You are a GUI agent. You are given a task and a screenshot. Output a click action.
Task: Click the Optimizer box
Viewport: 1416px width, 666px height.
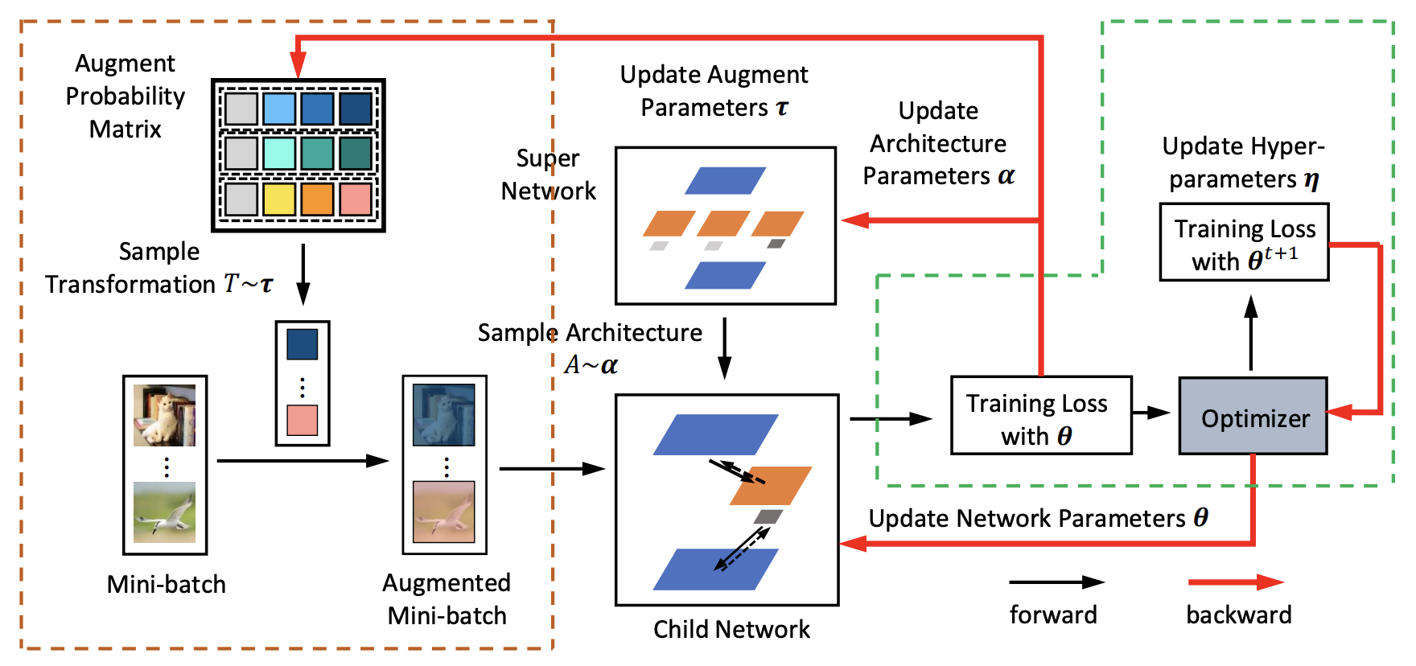[x=1253, y=416]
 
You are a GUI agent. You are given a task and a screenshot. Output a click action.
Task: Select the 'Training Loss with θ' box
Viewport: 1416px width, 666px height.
[x=1041, y=416]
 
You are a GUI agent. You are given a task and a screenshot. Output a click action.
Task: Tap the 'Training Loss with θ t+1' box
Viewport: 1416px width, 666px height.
[x=1244, y=242]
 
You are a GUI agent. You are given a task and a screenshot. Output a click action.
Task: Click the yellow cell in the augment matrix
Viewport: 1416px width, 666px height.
[x=279, y=199]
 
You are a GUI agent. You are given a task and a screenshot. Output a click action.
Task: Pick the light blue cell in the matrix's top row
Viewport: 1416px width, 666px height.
[x=279, y=109]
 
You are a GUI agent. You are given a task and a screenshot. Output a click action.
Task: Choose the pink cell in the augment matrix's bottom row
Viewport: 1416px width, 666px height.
[x=356, y=199]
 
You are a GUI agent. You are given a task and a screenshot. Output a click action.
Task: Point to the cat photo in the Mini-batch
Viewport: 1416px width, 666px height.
[x=164, y=415]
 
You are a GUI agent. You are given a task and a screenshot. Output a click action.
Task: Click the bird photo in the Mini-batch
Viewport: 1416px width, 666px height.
[x=164, y=512]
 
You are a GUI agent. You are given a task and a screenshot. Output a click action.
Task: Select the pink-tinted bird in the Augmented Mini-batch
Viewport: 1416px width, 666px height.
[x=444, y=512]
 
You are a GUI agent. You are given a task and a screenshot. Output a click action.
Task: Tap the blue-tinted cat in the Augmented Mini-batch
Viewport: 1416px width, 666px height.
[x=444, y=415]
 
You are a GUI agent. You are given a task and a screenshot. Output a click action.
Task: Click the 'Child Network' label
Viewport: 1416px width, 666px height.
[x=731, y=629]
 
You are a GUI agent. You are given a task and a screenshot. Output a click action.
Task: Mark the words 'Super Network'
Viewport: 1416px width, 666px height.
[x=548, y=175]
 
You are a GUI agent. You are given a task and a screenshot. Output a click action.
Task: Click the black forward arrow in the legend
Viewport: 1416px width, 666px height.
[x=1056, y=582]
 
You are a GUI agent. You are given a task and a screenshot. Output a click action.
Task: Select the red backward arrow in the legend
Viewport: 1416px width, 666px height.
[x=1236, y=582]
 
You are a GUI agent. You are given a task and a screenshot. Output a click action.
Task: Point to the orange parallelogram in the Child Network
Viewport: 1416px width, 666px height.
[x=771, y=486]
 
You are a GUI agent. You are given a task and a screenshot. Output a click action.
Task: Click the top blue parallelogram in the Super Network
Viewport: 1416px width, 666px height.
[x=725, y=181]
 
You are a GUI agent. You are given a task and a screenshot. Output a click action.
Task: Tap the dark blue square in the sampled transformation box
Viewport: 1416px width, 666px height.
[x=303, y=344]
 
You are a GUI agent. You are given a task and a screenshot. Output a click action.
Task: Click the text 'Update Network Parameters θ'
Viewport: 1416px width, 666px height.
[x=1038, y=518]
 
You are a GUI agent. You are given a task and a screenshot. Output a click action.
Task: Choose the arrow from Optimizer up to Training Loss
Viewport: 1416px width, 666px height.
[x=1251, y=332]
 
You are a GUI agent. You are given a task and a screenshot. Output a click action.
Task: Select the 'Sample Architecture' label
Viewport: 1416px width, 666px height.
[x=590, y=332]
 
